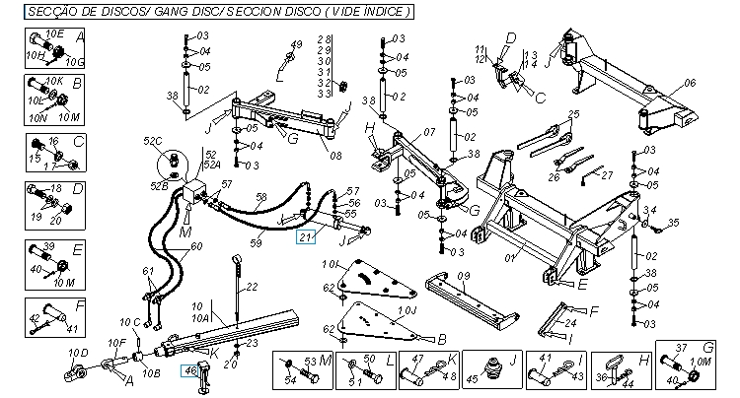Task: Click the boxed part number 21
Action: (x=306, y=234)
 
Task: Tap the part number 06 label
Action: (x=690, y=83)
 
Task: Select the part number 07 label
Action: (x=429, y=131)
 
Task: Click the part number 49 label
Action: (x=295, y=45)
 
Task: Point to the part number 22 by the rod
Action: (x=252, y=286)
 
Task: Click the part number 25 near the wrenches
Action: (x=572, y=115)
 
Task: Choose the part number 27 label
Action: (x=607, y=175)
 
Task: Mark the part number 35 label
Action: (x=675, y=224)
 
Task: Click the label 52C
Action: (x=153, y=141)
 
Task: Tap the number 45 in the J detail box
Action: (x=471, y=376)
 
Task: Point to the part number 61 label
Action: (x=148, y=271)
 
